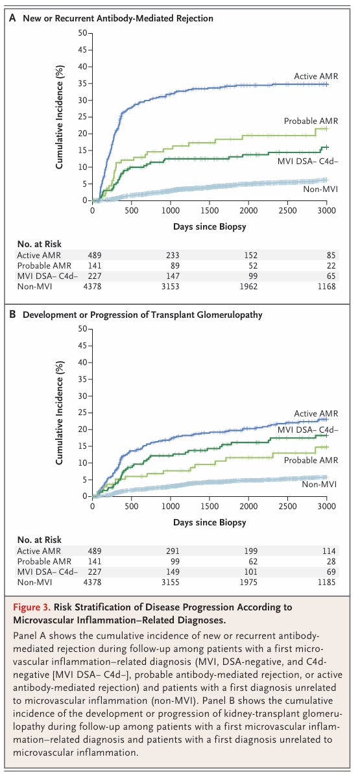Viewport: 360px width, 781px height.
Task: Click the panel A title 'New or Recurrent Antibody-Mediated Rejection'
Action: click(118, 18)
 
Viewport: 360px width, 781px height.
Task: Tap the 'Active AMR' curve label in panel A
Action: click(316, 77)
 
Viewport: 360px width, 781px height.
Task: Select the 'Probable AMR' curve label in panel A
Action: click(311, 121)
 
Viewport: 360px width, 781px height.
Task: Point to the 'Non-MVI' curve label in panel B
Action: click(319, 485)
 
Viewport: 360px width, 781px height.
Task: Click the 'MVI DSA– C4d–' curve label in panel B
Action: click(307, 430)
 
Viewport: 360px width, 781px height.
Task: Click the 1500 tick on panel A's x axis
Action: click(210, 211)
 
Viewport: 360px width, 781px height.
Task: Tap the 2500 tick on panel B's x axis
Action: click(287, 506)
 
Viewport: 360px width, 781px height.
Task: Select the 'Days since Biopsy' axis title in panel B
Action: click(210, 522)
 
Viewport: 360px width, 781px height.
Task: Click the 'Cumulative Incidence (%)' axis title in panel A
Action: click(60, 117)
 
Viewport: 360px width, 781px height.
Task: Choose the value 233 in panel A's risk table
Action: click(173, 255)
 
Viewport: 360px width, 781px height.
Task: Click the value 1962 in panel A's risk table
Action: click(248, 287)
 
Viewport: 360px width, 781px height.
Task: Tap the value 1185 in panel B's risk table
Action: click(326, 583)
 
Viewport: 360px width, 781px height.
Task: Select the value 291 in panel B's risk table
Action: click(173, 551)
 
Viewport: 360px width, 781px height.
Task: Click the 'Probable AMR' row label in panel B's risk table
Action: click(44, 561)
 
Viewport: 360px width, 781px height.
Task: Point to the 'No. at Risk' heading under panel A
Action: click(40, 244)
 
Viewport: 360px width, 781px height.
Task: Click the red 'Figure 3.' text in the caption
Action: click(32, 607)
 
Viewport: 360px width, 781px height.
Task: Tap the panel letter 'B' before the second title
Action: click(12, 315)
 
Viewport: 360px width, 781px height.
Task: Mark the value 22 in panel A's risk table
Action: click(331, 266)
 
